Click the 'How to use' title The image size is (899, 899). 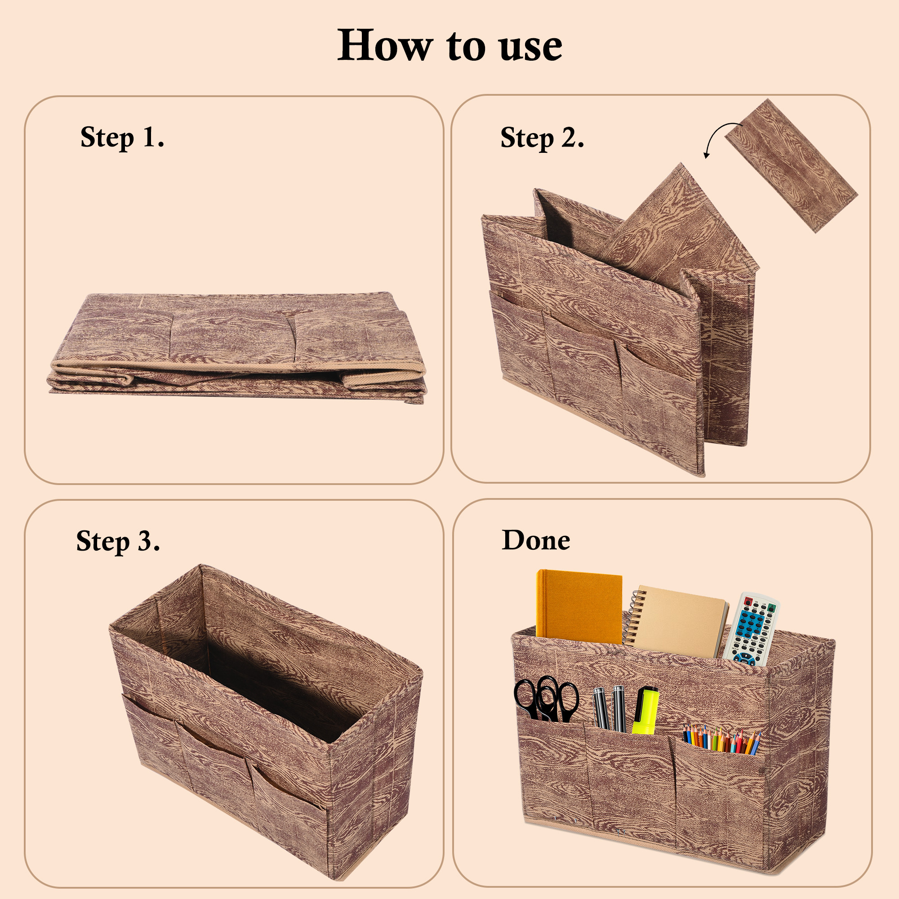449,45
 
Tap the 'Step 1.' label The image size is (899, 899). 122,138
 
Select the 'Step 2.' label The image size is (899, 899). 542,138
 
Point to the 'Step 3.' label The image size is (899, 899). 118,541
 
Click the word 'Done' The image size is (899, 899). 536,540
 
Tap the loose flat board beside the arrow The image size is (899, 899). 791,165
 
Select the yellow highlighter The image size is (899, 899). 645,710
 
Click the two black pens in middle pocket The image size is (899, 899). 609,707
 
